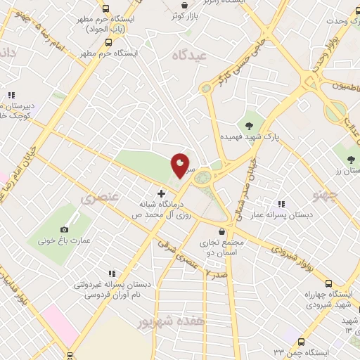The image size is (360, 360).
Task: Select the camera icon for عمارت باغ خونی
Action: click(65, 229)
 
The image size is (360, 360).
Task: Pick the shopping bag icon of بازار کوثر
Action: click(184, 5)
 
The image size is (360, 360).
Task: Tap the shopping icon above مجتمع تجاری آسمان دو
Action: click(222, 231)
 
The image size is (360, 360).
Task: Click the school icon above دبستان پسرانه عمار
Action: click(281, 205)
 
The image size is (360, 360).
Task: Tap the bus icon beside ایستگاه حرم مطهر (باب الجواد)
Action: click(105, 9)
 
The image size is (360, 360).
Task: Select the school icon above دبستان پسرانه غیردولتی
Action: click(111, 274)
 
